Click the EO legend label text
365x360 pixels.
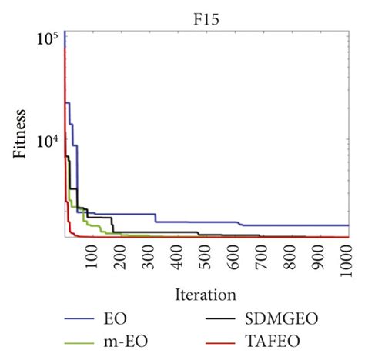pyautogui.click(x=112, y=317)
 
